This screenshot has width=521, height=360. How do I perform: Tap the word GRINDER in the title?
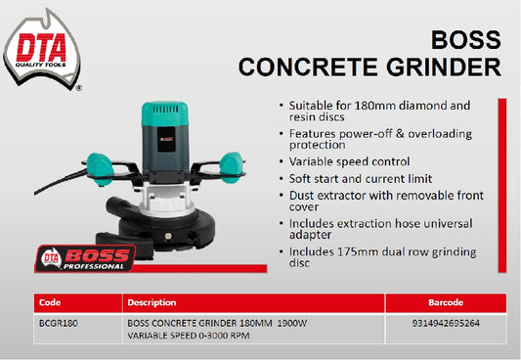point(440,67)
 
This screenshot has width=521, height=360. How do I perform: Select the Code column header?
point(49,302)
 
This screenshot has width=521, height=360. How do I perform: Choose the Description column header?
point(152,302)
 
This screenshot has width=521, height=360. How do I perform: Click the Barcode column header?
point(446,302)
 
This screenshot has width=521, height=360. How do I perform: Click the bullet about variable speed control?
point(350,161)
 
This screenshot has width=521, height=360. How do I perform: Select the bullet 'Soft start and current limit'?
point(358,179)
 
